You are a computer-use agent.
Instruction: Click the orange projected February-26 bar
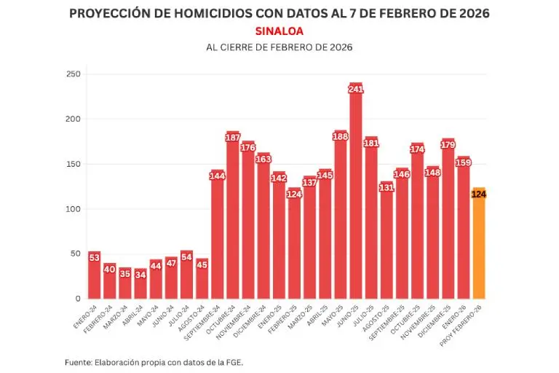(478, 248)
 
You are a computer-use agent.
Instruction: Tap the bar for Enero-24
(95, 277)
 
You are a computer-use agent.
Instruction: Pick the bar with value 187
(233, 219)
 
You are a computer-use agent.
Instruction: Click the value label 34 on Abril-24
(140, 274)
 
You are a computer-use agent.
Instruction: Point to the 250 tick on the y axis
(73, 74)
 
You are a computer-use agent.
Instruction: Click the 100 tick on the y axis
(73, 209)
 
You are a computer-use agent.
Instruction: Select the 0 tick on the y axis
(78, 299)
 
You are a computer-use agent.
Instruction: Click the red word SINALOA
(279, 31)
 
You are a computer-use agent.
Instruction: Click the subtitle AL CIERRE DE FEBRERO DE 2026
(279, 47)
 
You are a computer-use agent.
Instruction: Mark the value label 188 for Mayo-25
(340, 136)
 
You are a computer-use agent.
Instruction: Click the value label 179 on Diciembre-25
(448, 144)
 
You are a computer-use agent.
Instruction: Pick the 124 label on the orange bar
(478, 194)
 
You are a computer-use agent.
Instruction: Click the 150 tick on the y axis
(73, 164)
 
